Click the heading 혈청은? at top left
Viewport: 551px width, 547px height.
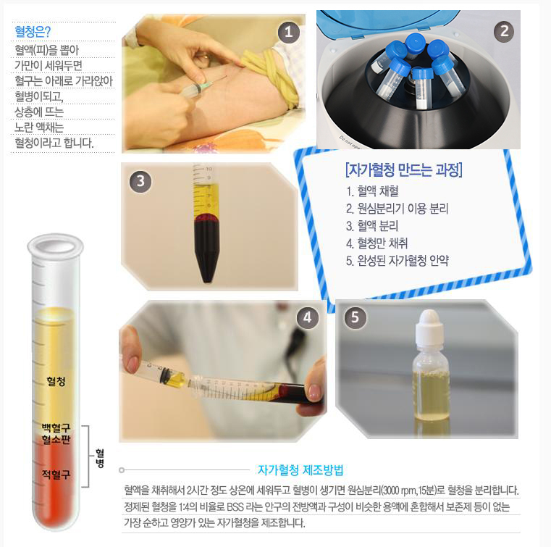pyautogui.click(x=33, y=32)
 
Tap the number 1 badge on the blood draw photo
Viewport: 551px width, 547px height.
pyautogui.click(x=288, y=33)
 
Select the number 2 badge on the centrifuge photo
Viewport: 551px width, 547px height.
pyautogui.click(x=504, y=32)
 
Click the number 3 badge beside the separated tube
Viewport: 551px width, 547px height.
pyautogui.click(x=140, y=181)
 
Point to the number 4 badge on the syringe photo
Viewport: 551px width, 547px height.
pyautogui.click(x=308, y=318)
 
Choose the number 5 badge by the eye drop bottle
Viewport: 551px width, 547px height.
pyautogui.click(x=355, y=317)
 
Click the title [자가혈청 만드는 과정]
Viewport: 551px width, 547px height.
pyautogui.click(x=404, y=170)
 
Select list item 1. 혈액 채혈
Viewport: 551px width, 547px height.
pyautogui.click(x=372, y=191)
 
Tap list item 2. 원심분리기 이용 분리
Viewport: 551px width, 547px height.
pyautogui.click(x=397, y=209)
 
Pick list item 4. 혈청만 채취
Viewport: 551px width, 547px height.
pyautogui.click(x=377, y=243)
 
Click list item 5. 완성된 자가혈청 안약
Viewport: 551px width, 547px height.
pyautogui.click(x=398, y=261)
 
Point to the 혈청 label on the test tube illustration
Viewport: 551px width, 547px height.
pyautogui.click(x=56, y=381)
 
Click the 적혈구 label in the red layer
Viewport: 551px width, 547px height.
pyautogui.click(x=56, y=475)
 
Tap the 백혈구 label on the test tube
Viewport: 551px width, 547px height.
pyautogui.click(x=56, y=428)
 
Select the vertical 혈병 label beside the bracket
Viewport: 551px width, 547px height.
pyautogui.click(x=100, y=458)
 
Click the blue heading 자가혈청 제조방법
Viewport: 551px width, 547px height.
pyautogui.click(x=300, y=470)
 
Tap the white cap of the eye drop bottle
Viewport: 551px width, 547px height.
pyautogui.click(x=429, y=327)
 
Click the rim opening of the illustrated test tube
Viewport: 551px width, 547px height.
pyautogui.click(x=56, y=246)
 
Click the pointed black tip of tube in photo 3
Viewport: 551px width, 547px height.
pyautogui.click(x=207, y=280)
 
